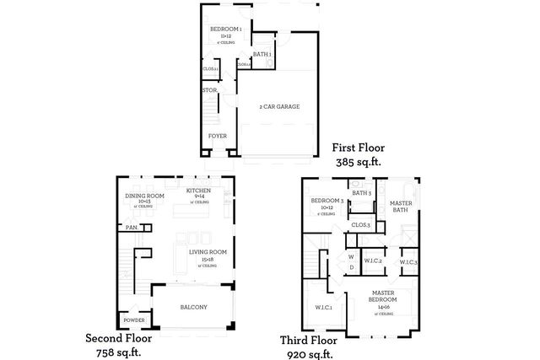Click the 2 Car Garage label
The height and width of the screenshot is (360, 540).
pyautogui.click(x=279, y=106)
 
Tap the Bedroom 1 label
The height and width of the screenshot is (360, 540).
pyautogui.click(x=226, y=29)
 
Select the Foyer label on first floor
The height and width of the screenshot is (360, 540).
pyautogui.click(x=217, y=136)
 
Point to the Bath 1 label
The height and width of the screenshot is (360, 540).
pyautogui.click(x=262, y=54)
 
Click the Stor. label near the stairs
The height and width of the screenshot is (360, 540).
pyautogui.click(x=210, y=89)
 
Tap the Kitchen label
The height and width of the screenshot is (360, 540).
pyautogui.click(x=198, y=191)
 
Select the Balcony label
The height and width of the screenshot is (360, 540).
pyautogui.click(x=193, y=307)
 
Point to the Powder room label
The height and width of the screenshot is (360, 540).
pyautogui.click(x=133, y=321)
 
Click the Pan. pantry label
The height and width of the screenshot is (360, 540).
pyautogui.click(x=132, y=227)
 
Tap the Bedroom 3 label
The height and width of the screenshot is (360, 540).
pyautogui.click(x=326, y=201)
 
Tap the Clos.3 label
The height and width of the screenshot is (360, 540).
pyautogui.click(x=360, y=225)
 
